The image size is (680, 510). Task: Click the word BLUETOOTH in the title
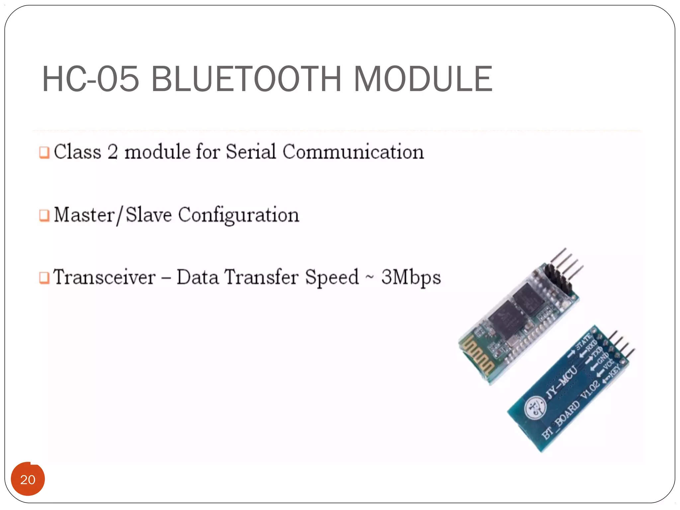click(246, 79)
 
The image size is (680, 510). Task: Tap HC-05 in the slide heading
click(90, 79)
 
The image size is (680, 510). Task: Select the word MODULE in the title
click(423, 79)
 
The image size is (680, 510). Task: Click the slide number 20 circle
click(28, 479)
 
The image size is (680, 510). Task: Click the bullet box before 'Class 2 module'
click(44, 152)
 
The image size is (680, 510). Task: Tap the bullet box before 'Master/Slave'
click(44, 215)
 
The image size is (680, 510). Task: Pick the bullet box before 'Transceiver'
click(44, 278)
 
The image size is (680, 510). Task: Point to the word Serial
click(251, 152)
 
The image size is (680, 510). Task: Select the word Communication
click(353, 152)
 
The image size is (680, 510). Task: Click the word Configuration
click(239, 215)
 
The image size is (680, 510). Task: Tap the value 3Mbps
click(411, 277)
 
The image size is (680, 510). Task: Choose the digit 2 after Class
click(113, 152)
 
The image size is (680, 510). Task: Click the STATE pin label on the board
click(583, 342)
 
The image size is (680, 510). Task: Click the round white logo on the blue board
click(535, 408)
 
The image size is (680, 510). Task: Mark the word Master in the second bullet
click(84, 215)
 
